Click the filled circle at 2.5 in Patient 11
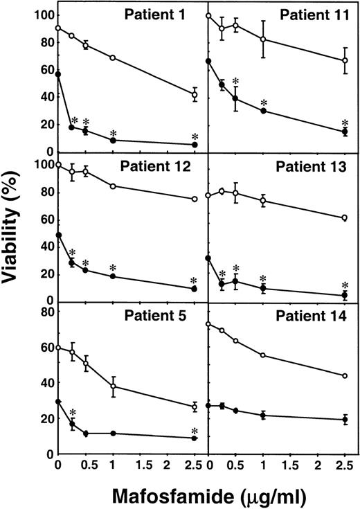[345, 132]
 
